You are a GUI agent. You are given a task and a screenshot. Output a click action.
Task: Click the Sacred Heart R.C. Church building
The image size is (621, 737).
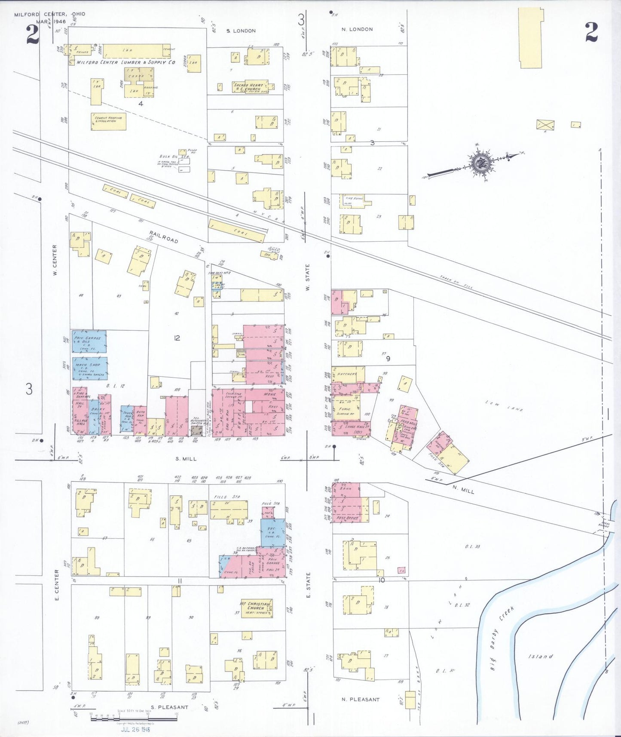251,87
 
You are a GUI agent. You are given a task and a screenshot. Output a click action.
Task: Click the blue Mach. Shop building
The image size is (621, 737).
89,368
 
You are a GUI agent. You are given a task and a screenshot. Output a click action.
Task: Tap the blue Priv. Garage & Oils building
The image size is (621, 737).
89,341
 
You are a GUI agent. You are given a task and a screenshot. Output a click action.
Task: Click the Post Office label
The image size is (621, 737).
348,518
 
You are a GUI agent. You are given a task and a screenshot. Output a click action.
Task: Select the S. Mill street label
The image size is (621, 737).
186,459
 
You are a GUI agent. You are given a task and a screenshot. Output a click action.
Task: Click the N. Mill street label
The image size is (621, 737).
464,489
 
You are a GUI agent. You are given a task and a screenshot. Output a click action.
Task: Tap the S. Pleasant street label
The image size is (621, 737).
170,707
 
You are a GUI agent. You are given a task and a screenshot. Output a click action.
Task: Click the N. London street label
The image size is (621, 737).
357,29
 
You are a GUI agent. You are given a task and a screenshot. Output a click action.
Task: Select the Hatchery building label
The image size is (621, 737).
346,374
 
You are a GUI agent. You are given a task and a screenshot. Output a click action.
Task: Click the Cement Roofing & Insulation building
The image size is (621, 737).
108,121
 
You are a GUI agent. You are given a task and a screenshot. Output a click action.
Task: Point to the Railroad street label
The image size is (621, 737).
164,238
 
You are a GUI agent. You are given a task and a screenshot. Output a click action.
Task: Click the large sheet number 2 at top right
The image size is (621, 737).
591,32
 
